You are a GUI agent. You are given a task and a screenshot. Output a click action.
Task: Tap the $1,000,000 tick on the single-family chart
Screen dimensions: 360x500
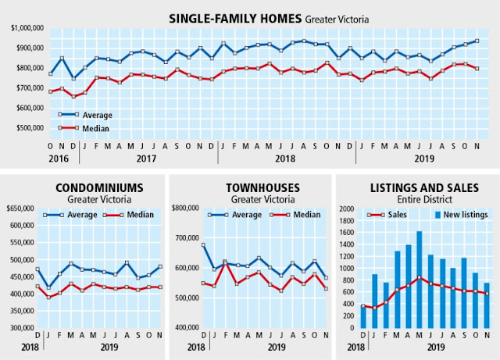click(27, 28)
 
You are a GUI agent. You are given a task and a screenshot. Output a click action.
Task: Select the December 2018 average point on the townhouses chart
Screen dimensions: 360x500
click(204, 245)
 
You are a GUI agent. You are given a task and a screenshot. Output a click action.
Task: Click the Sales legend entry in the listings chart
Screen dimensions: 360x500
click(398, 213)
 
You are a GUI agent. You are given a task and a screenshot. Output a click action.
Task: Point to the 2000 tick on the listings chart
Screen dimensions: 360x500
click(347, 209)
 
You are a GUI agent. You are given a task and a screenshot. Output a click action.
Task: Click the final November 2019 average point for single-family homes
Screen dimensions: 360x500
click(477, 41)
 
